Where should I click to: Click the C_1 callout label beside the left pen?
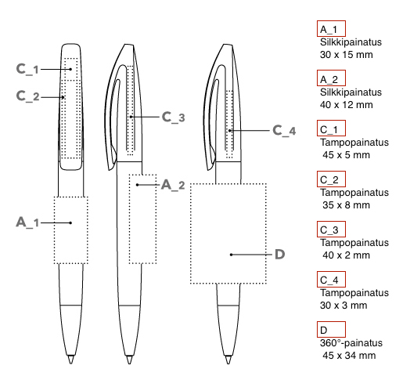(27, 69)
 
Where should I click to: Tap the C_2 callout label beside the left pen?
(27, 96)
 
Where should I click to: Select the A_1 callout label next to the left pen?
(27, 222)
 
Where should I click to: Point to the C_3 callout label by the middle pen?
(174, 117)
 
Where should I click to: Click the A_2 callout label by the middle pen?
(173, 185)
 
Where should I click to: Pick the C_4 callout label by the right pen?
(284, 130)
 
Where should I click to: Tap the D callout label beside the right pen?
(280, 255)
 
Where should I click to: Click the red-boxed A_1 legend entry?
(331, 28)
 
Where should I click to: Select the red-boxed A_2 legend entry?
(331, 78)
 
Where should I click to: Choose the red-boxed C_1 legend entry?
(331, 128)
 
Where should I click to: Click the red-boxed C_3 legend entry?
(331, 229)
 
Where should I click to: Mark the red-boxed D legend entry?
(331, 330)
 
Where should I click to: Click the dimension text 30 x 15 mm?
(346, 55)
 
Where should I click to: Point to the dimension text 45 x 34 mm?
(349, 356)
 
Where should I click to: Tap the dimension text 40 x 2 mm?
(346, 255)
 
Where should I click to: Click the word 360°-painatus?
(351, 343)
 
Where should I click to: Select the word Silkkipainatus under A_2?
(351, 92)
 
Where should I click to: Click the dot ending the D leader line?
(231, 255)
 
